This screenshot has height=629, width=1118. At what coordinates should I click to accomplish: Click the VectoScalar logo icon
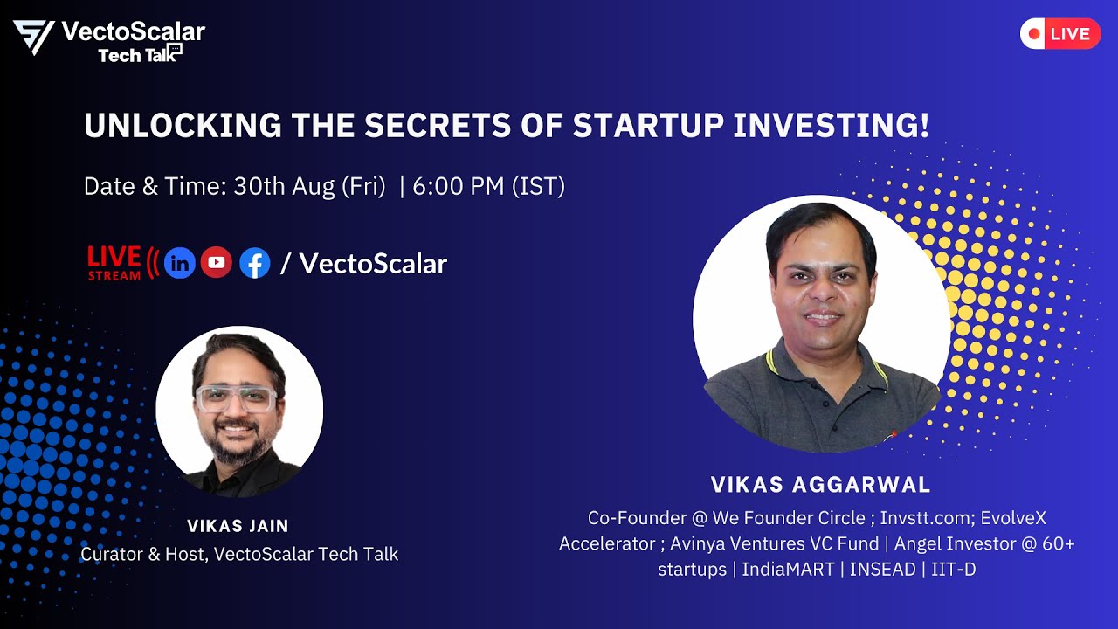point(34,38)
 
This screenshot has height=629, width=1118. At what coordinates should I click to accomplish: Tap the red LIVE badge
point(1059,34)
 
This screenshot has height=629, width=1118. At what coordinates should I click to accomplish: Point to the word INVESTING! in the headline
point(831,127)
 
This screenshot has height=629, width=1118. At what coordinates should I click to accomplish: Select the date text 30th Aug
point(283,186)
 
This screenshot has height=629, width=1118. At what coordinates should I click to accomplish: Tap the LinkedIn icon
point(180,262)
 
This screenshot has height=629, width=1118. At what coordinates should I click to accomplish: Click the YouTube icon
point(217,262)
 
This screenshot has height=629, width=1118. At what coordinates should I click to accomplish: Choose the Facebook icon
point(254,262)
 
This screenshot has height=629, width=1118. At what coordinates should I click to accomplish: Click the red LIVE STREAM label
point(114,262)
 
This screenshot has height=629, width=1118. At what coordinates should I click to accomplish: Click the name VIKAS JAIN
point(238,526)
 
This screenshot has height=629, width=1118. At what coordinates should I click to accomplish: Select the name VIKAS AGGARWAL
point(820,485)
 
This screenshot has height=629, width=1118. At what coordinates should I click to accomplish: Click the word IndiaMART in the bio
point(788,569)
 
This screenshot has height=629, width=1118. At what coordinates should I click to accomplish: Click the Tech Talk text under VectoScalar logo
point(131,56)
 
